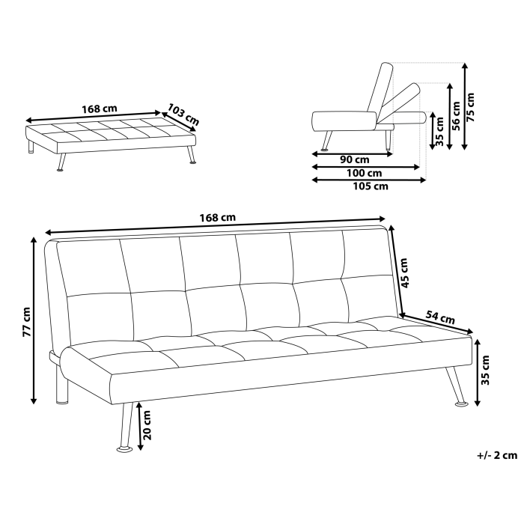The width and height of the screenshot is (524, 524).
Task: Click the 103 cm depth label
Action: pos(183,114)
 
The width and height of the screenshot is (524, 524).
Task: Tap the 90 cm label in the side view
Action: pos(354,159)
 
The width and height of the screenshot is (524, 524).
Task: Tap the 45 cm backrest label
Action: pos(404,273)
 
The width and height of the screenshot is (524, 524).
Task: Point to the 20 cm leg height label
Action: pos(147,425)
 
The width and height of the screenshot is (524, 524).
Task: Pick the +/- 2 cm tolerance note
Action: pos(496,455)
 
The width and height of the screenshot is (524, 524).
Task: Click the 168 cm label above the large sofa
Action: pos(218,217)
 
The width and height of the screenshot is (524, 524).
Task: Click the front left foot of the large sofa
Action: pos(124,449)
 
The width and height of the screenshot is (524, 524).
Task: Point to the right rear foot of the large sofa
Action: pos(462,404)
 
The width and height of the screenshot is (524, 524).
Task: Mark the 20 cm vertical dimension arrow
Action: pos(138,425)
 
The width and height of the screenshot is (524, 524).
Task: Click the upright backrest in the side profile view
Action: pos(379,86)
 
